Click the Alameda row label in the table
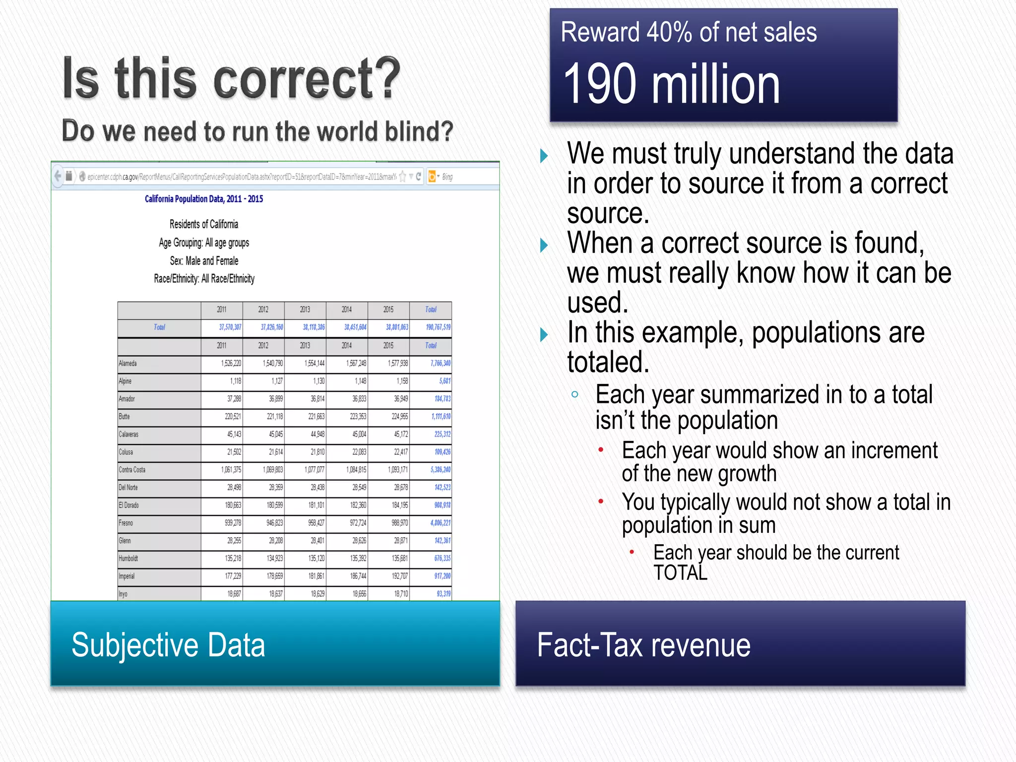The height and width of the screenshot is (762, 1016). click(128, 364)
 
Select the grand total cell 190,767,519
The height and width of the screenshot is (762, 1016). click(438, 327)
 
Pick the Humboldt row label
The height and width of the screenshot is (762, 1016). click(128, 559)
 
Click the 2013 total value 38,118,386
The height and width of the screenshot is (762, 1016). click(314, 327)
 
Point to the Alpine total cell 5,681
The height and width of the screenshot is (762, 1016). click(444, 381)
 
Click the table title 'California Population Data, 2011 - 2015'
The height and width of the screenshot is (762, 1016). click(204, 199)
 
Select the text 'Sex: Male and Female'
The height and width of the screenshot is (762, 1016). click(204, 261)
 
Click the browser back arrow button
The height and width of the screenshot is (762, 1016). click(58, 176)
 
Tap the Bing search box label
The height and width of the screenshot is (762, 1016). click(447, 177)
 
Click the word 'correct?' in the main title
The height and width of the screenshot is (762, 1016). click(307, 79)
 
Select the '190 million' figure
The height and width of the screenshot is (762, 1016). click(672, 84)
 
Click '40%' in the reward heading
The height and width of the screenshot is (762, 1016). click(669, 33)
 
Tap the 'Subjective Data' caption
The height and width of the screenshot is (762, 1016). click(168, 645)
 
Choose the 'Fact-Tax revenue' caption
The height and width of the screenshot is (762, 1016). click(643, 645)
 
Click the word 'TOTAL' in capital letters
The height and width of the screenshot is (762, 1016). click(680, 573)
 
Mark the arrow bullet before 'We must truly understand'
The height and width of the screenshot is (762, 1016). click(544, 156)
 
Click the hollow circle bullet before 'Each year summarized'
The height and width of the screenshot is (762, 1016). click(575, 395)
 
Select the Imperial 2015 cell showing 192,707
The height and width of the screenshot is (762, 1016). click(400, 576)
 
